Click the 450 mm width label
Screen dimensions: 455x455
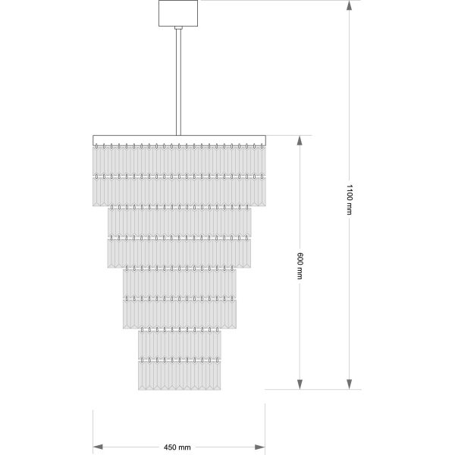(x=177, y=447)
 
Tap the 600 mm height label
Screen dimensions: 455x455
(x=300, y=266)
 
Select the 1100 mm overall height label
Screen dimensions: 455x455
(x=350, y=199)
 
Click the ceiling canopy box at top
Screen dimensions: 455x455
(x=178, y=14)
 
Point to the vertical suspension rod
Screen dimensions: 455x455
(x=178, y=82)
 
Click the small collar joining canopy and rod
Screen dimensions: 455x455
(x=178, y=28)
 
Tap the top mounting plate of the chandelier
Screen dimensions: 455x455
(x=179, y=140)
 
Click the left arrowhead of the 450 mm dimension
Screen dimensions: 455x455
(x=98, y=447)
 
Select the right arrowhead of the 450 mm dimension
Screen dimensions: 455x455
(x=260, y=447)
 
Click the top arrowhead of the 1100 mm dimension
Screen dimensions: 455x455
(x=350, y=5)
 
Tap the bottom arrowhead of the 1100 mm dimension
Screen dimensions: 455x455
(x=350, y=384)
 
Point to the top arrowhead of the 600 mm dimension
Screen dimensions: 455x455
(x=300, y=140)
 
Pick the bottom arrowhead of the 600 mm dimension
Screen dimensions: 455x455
(x=300, y=384)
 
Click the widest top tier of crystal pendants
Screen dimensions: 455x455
(x=179, y=161)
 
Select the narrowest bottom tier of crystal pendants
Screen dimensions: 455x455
(x=179, y=375)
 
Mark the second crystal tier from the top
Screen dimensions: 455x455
(x=179, y=191)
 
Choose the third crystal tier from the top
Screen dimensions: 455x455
(x=179, y=221)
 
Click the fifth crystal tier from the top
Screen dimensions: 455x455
(x=179, y=283)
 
